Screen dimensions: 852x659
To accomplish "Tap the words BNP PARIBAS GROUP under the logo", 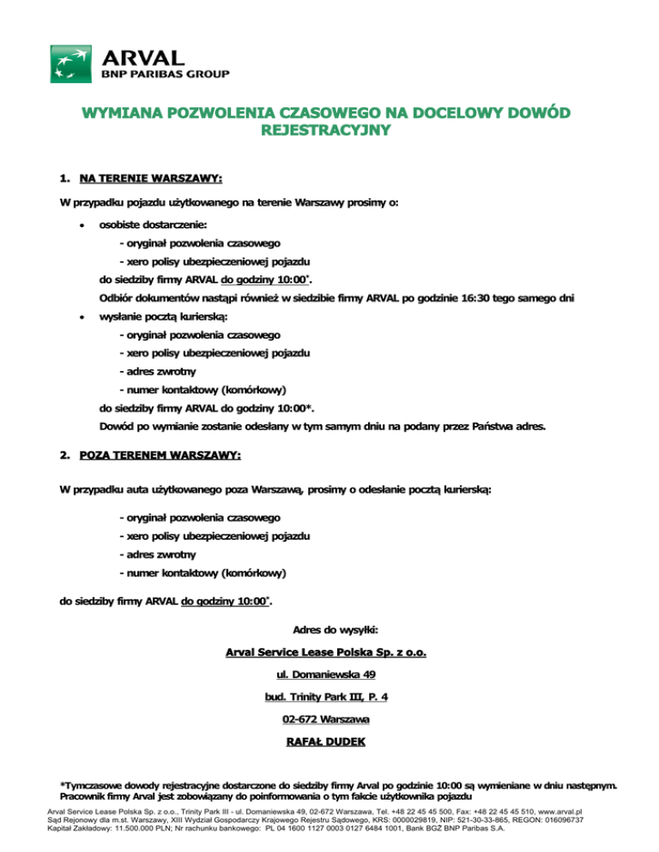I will (166, 75).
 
